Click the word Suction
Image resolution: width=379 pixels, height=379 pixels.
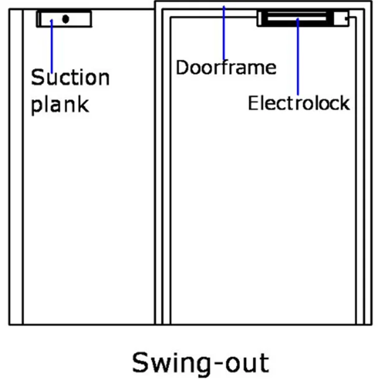[70, 78]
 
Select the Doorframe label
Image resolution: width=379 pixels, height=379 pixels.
[226, 66]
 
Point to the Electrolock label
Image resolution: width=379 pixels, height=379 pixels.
[299, 103]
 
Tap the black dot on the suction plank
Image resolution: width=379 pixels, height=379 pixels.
[65, 19]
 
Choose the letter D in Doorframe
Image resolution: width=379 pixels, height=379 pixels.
[182, 66]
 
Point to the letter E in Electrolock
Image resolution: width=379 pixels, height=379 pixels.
[253, 103]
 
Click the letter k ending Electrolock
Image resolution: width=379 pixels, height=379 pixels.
[345, 103]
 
